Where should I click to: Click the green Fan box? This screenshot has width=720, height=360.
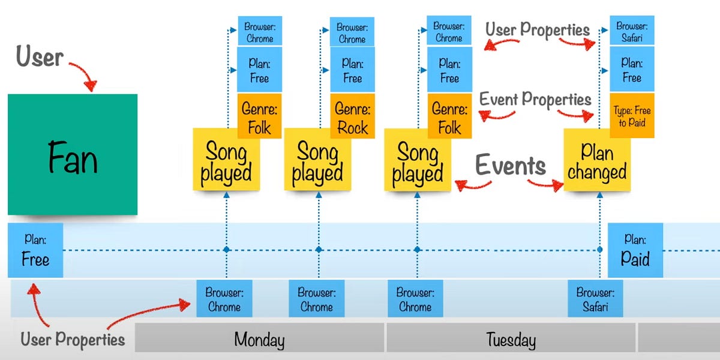(x=73, y=154)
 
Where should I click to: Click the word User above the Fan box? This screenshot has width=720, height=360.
(x=39, y=58)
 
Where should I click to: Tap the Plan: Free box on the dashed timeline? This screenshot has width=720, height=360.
(x=35, y=250)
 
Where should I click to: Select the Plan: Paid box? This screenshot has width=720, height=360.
(x=635, y=250)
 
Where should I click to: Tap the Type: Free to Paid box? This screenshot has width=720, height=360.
(x=632, y=116)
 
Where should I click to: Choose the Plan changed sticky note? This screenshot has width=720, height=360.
(x=597, y=163)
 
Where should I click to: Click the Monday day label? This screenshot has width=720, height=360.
(x=259, y=340)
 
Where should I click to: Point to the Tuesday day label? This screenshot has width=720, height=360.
(x=511, y=340)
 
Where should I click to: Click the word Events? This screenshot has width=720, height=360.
(x=511, y=165)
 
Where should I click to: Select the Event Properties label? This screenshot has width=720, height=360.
(x=535, y=99)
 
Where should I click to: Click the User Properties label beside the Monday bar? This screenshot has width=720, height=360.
(x=73, y=339)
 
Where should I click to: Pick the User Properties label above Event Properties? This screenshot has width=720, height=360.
(x=537, y=29)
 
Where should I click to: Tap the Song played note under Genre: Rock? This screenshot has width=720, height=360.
(x=317, y=163)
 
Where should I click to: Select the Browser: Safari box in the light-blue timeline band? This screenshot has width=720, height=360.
(x=596, y=299)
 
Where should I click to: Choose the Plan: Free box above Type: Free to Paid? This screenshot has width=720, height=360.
(x=632, y=70)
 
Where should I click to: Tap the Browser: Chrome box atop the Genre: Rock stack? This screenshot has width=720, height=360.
(x=352, y=32)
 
